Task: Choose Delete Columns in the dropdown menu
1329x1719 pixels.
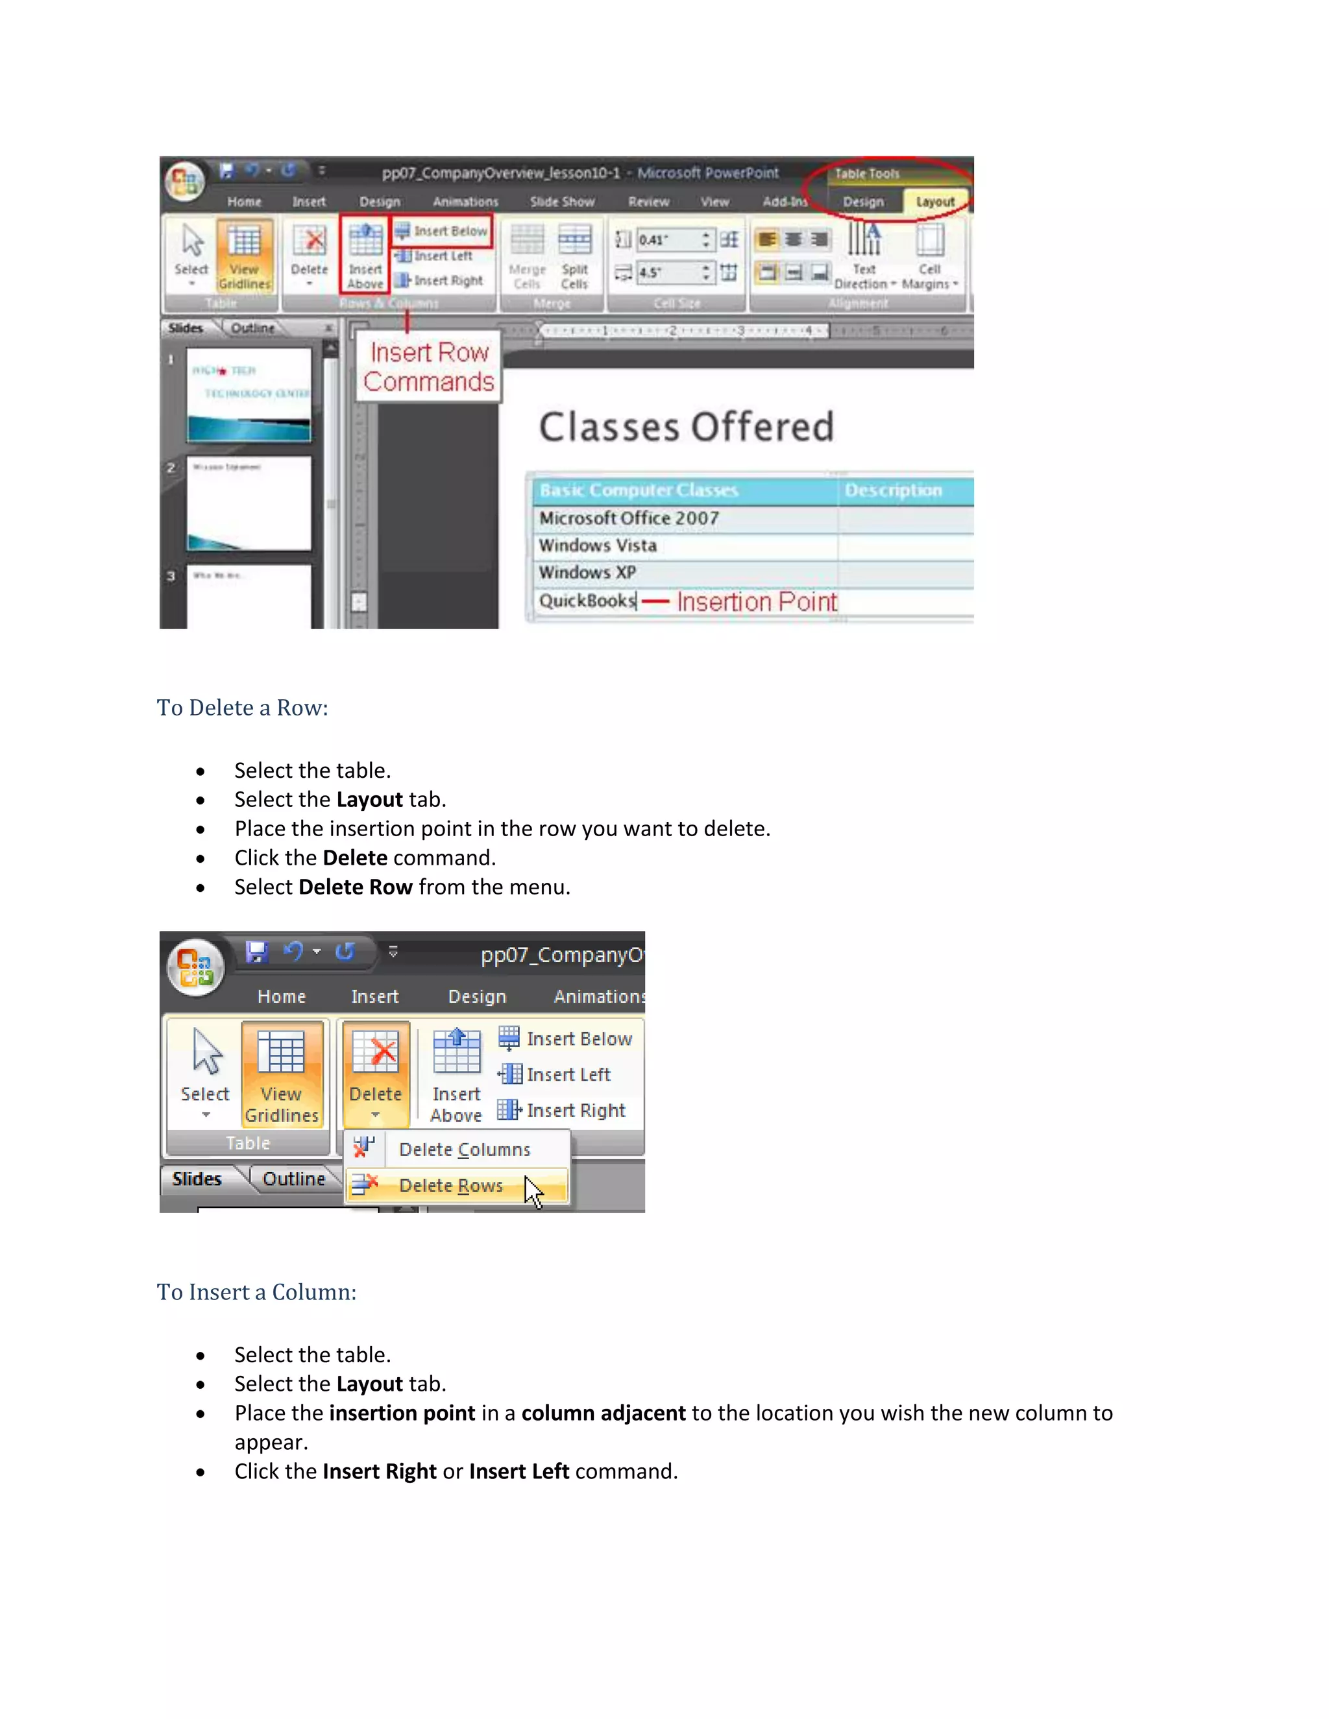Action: (464, 1149)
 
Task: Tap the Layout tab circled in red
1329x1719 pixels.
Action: (934, 202)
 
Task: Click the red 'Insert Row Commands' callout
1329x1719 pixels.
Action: (428, 367)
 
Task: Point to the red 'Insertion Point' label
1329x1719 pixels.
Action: (756, 602)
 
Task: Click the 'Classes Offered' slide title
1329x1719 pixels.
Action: (686, 427)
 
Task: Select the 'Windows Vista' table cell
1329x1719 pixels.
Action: (598, 546)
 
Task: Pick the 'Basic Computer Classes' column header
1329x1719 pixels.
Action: (639, 490)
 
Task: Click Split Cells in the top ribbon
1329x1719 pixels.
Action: (574, 256)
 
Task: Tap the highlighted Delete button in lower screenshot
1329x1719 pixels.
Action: (376, 1072)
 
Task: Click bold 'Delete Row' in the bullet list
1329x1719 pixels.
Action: (355, 887)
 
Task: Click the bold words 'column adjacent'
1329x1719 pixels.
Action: (603, 1413)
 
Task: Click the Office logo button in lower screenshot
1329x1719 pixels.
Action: (196, 967)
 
